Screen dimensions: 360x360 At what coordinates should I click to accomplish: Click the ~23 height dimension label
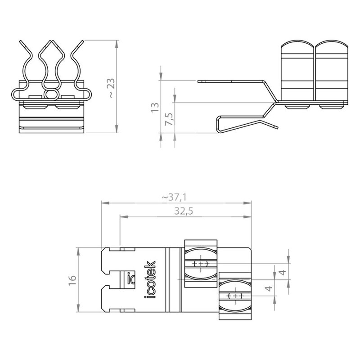112,88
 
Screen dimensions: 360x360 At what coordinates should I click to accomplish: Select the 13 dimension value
155,108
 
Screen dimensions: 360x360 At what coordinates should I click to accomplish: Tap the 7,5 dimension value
170,119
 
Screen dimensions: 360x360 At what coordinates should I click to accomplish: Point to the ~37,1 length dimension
174,197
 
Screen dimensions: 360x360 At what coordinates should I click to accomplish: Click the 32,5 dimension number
184,211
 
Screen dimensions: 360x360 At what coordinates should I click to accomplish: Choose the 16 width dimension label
72,280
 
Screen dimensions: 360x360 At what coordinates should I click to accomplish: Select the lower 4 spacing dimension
269,288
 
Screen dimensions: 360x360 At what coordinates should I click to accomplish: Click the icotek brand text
150,279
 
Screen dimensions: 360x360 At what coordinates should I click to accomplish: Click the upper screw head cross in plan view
201,263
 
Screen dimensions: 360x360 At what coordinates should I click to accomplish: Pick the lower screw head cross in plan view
235,296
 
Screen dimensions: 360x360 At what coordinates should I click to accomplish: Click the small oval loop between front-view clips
51,94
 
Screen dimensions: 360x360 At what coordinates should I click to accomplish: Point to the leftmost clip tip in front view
21,42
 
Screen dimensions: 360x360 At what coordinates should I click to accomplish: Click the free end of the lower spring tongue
277,127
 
